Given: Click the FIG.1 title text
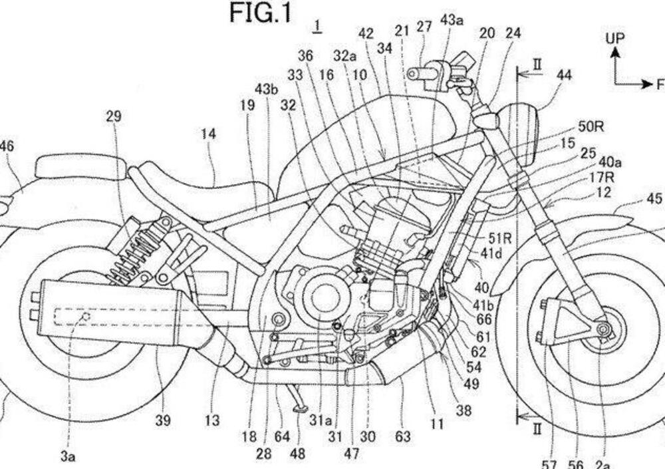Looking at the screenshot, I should pyautogui.click(x=261, y=13).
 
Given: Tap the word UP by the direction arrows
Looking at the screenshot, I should pyautogui.click(x=615, y=38).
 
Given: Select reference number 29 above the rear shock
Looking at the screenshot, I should pyautogui.click(x=113, y=116).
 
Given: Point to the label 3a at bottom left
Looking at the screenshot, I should pyautogui.click(x=68, y=456).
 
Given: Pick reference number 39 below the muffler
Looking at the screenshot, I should pyautogui.click(x=163, y=420).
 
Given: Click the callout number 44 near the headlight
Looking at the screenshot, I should pyautogui.click(x=564, y=76).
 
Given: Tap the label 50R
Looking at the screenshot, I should pyautogui.click(x=591, y=127).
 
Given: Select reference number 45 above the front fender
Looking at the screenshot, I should pyautogui.click(x=654, y=198).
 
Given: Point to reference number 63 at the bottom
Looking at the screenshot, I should pyautogui.click(x=403, y=436).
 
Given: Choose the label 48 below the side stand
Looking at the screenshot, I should pyautogui.click(x=298, y=454).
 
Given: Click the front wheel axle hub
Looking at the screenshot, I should pyautogui.click(x=604, y=329).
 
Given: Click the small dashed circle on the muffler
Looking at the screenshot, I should pyautogui.click(x=85, y=317).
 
